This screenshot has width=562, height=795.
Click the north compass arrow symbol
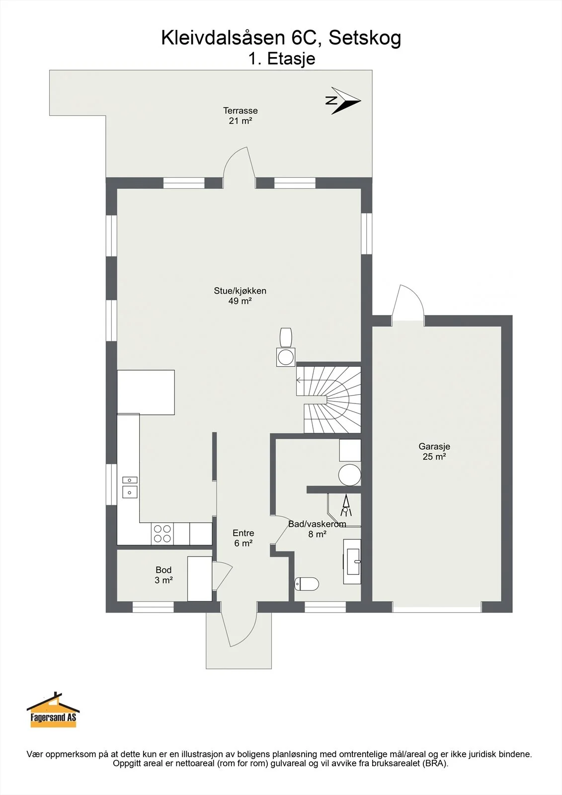343,101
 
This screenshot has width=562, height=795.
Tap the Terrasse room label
241,110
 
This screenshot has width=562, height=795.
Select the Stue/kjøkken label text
240,291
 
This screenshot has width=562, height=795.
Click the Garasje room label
434,446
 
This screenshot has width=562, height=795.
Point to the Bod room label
163,569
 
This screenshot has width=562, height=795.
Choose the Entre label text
243,533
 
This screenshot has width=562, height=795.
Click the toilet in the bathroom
307,583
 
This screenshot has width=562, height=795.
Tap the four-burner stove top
162,534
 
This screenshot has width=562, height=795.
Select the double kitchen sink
130,487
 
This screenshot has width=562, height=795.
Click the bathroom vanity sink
352,561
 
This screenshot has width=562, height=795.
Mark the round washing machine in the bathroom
350,475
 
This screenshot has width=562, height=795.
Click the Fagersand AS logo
53,710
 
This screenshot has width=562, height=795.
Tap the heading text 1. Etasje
282,59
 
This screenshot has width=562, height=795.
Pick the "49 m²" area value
240,301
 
